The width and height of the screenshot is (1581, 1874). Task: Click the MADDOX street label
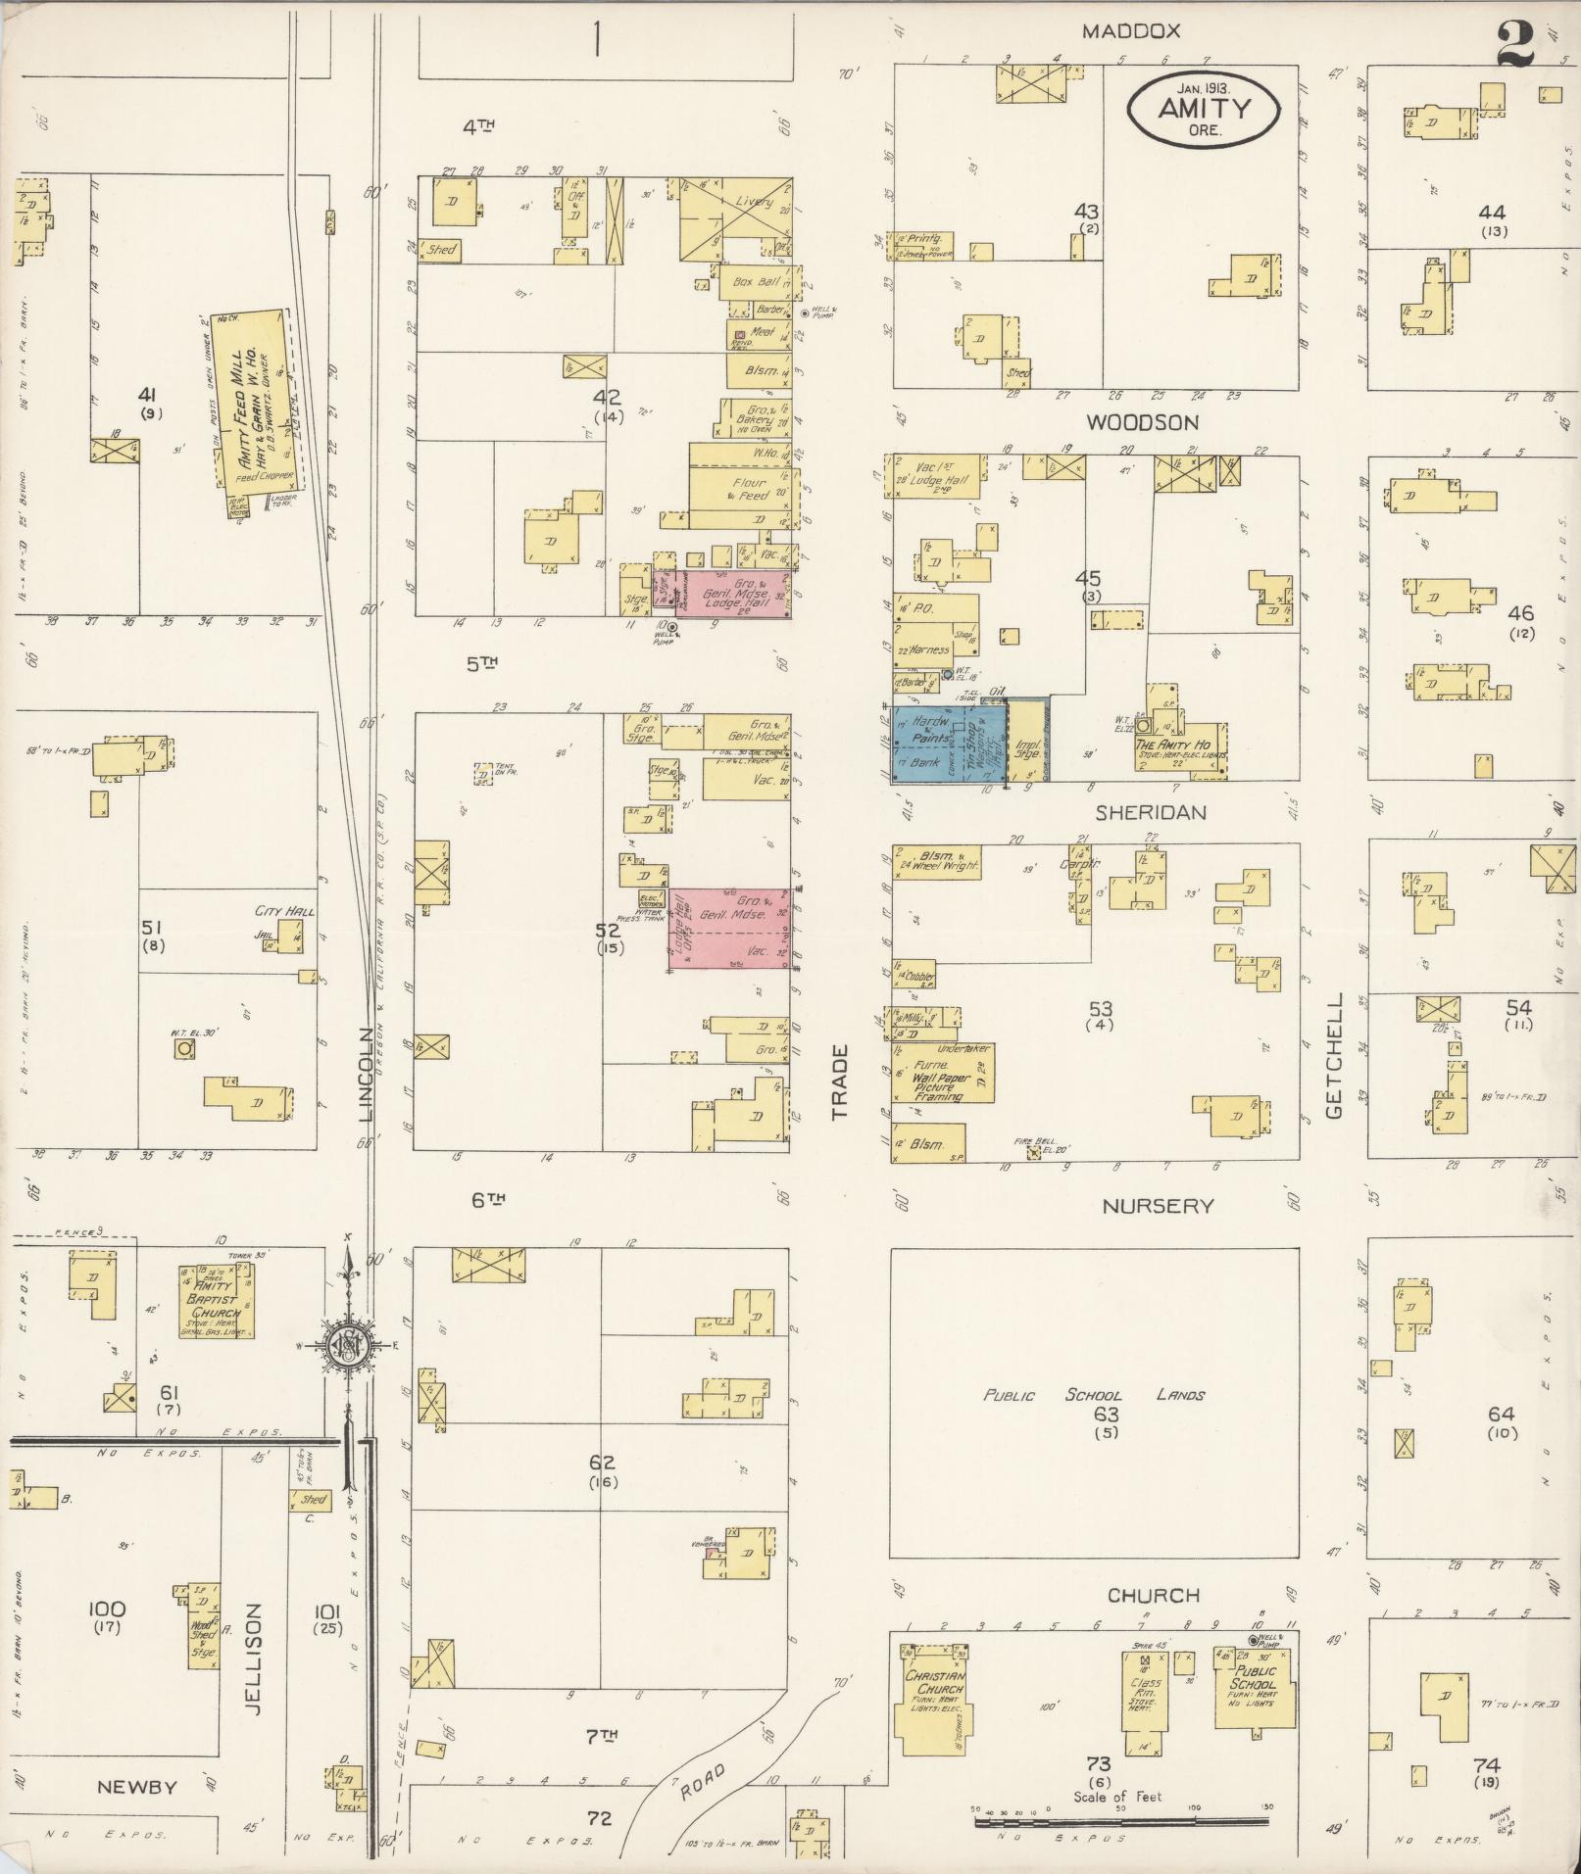[1131, 31]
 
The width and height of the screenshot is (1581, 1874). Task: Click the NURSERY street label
[1158, 1207]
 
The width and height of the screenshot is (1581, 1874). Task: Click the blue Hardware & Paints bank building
[948, 743]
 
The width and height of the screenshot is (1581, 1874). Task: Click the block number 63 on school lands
[1106, 1415]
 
